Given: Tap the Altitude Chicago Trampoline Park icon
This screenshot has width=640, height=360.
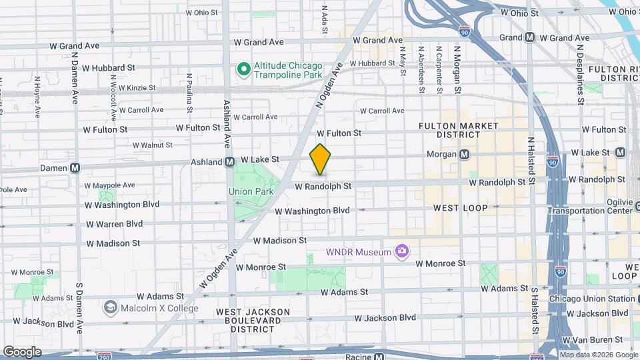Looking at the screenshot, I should tap(244, 68).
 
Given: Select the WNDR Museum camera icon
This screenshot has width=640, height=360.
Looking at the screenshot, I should tap(401, 251).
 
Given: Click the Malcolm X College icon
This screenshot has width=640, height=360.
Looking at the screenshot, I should tap(111, 308).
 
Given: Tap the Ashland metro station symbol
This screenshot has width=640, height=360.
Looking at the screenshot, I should tap(229, 161).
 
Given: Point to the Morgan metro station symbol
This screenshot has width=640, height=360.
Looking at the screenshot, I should tap(465, 155).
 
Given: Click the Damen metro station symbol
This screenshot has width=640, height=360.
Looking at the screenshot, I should tap(75, 168).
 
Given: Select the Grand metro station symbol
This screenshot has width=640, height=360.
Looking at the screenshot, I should tap(530, 38).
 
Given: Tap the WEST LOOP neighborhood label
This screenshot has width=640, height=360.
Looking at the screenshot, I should tap(460, 208).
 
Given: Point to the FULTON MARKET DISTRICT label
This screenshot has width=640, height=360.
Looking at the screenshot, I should tap(458, 130).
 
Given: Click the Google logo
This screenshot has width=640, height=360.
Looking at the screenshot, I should tap(21, 351).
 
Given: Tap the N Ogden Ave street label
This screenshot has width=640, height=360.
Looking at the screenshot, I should tap(329, 85).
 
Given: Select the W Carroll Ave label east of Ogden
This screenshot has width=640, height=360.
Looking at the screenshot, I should tap(382, 111).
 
